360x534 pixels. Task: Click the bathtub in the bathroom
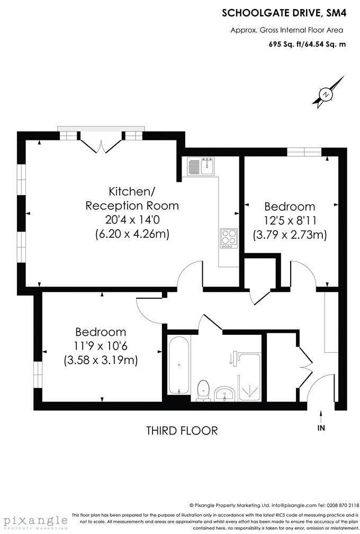178,365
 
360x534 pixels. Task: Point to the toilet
203,390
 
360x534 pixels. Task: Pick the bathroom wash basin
226,393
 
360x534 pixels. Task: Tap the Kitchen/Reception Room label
132,198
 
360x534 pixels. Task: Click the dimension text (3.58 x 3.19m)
101,360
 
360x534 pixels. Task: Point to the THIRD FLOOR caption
182,430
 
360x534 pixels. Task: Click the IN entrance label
321,428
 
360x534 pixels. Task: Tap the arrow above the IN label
321,415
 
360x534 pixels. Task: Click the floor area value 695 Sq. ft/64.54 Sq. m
307,44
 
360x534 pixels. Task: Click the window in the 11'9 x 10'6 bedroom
37,375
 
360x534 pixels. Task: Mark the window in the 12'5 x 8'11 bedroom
304,153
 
